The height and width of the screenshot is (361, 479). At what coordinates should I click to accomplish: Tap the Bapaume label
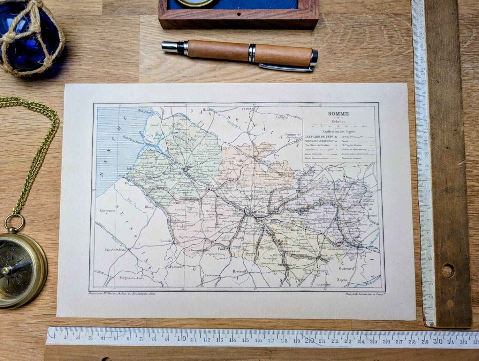click(x=334, y=171)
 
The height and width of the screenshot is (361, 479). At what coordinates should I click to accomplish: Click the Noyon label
click(x=342, y=280)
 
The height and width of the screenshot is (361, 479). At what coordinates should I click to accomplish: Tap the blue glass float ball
click(x=29, y=38)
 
